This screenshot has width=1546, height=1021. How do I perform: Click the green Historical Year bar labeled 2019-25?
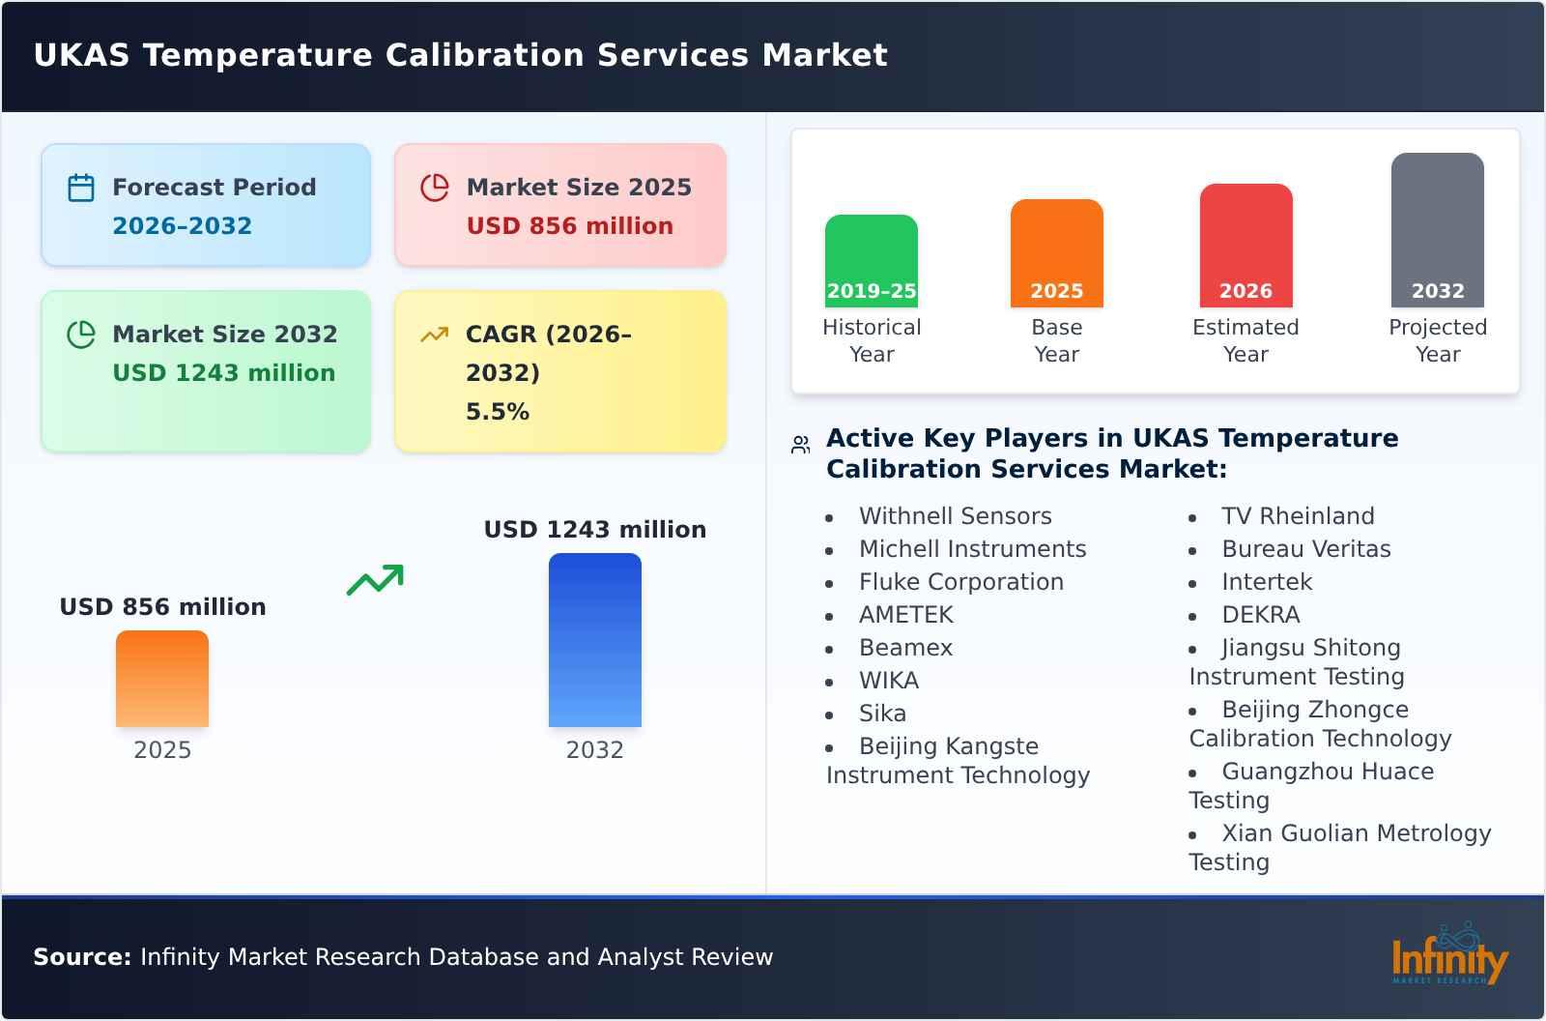click(x=871, y=261)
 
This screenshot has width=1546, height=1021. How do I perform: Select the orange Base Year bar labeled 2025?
click(x=1056, y=253)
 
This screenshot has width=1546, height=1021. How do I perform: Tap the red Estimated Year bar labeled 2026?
click(x=1245, y=246)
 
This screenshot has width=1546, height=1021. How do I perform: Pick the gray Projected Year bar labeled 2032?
click(x=1437, y=230)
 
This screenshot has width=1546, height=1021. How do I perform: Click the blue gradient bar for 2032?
click(x=594, y=640)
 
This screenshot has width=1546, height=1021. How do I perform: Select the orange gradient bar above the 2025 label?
click(x=162, y=679)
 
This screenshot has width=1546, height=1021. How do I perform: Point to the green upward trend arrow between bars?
click(x=375, y=580)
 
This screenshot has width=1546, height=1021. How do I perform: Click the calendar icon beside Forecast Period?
click(x=81, y=188)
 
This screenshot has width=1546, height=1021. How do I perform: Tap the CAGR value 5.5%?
click(x=497, y=412)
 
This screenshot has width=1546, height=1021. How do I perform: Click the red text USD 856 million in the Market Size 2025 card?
click(x=569, y=226)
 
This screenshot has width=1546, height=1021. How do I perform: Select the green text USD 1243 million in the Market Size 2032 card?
click(x=223, y=373)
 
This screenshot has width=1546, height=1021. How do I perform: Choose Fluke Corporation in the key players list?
click(x=960, y=582)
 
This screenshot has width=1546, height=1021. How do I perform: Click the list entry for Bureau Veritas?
click(x=1305, y=549)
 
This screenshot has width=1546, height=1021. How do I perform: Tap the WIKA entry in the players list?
click(x=888, y=681)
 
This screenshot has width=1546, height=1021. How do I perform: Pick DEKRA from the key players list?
click(x=1260, y=615)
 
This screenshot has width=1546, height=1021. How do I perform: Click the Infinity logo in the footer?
click(x=1449, y=955)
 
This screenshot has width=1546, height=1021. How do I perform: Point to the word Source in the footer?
click(x=81, y=957)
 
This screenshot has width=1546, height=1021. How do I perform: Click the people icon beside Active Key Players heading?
click(x=800, y=445)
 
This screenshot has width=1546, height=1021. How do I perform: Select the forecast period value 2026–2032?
click(x=182, y=226)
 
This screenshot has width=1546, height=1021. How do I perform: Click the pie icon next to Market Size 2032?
click(x=81, y=335)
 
